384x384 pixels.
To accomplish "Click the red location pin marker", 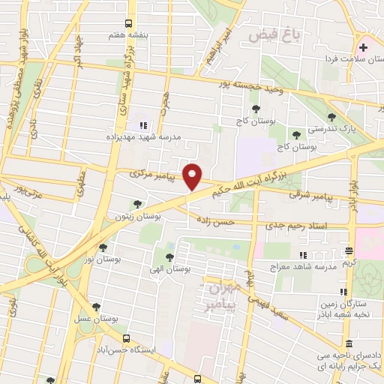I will pyautogui.click(x=193, y=176).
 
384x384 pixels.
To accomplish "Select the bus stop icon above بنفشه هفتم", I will pyautogui.click(x=130, y=23).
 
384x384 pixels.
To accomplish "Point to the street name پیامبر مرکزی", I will pyautogui.click(x=151, y=173).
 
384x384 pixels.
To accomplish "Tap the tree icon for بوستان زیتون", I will pyautogui.click(x=136, y=203).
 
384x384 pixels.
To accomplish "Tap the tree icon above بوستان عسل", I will pyautogui.click(x=95, y=307).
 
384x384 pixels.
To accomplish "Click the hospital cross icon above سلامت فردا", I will pyautogui.click(x=363, y=47).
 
